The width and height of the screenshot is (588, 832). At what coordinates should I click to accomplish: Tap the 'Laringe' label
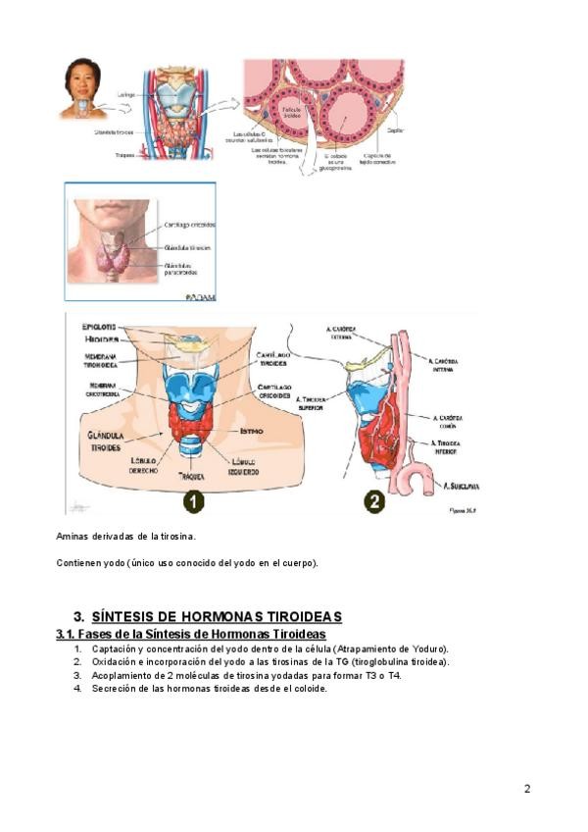[x=125, y=95]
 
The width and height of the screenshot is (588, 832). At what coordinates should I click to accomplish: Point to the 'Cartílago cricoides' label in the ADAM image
[x=190, y=225]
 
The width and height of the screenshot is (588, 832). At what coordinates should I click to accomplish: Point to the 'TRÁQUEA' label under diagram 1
[x=191, y=476]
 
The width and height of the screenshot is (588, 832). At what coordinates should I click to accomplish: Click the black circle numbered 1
[x=193, y=501]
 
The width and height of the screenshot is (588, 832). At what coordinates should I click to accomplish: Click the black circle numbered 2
[x=374, y=501]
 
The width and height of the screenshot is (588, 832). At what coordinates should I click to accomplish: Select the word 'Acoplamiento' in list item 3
[x=122, y=675]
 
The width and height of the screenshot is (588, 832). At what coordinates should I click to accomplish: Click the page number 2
[x=527, y=788]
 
